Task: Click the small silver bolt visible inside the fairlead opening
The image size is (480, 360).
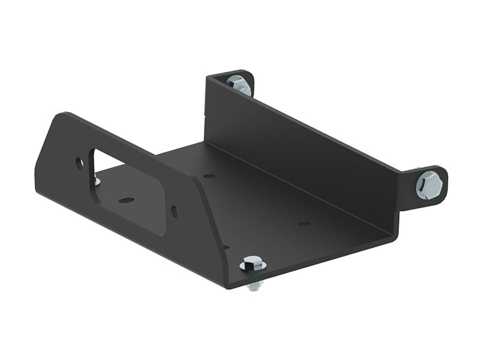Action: [x=97, y=181]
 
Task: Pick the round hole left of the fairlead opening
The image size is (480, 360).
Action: [x=79, y=162]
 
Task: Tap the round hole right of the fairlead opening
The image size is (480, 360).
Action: [x=174, y=211]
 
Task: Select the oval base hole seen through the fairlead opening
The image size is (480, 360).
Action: [x=126, y=200]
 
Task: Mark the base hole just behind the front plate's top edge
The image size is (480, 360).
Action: [x=209, y=176]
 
